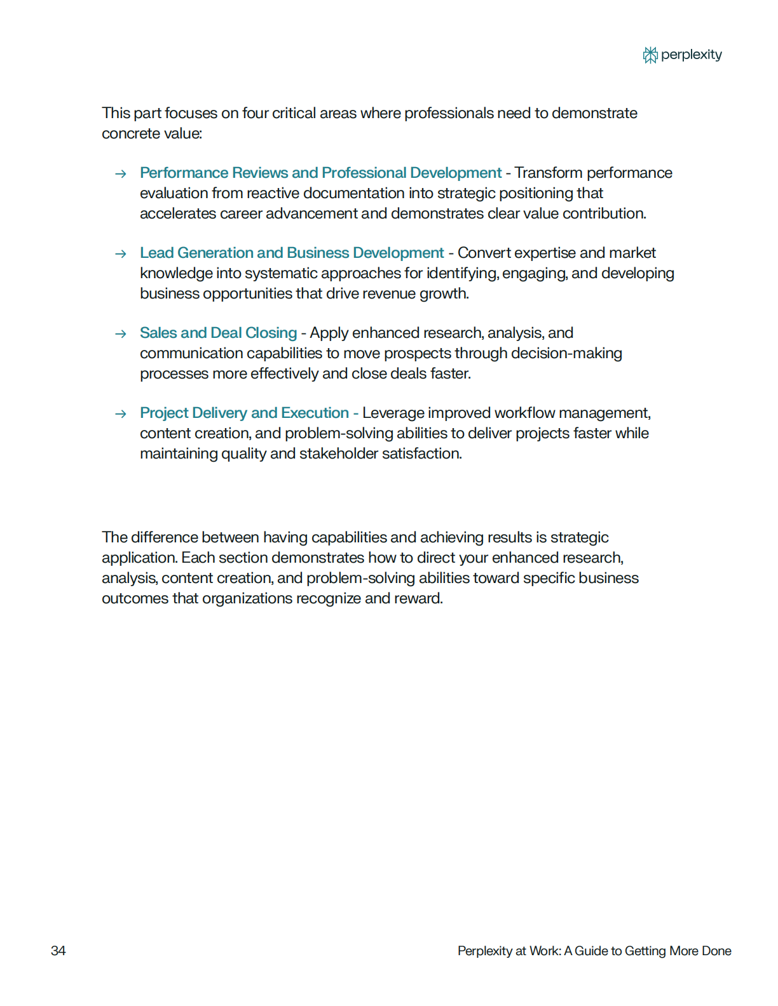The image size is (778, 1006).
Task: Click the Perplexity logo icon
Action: (x=650, y=55)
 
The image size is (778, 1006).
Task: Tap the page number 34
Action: (x=58, y=951)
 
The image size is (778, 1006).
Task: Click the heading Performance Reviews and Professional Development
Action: (x=320, y=173)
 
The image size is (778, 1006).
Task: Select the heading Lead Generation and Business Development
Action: (x=292, y=253)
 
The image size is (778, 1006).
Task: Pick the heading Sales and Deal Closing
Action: (x=218, y=333)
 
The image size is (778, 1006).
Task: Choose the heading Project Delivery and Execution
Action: (x=244, y=413)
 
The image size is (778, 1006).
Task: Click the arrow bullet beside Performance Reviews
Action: (x=120, y=174)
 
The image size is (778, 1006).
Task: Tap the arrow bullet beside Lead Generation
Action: (x=120, y=254)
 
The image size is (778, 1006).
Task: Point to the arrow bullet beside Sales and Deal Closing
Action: (x=120, y=334)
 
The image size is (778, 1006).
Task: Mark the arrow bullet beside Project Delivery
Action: (x=120, y=414)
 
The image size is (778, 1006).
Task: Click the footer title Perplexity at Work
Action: (x=594, y=951)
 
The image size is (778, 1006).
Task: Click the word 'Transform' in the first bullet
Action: (x=548, y=173)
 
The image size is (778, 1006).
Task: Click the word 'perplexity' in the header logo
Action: (x=691, y=55)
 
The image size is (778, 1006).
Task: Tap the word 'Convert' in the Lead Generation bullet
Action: (x=484, y=253)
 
